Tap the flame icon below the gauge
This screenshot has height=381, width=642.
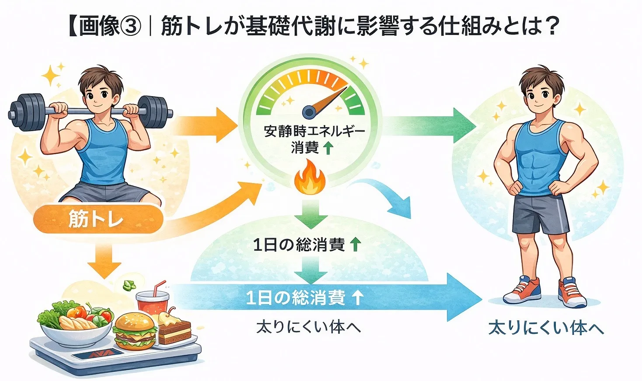pyautogui.click(x=310, y=178)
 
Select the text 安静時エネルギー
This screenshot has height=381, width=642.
pyautogui.click(x=314, y=131)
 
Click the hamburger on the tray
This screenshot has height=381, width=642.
pyautogui.click(x=135, y=331)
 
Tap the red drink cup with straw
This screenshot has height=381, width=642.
pyautogui.click(x=152, y=301)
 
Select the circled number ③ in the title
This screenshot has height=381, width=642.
pyautogui.click(x=130, y=26)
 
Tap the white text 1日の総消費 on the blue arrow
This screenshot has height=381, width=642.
pyautogui.click(x=296, y=298)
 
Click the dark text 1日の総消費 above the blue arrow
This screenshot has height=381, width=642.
pyautogui.click(x=299, y=245)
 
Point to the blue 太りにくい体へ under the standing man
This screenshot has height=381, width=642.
pyautogui.click(x=546, y=328)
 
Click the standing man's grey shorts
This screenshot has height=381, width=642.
pyautogui.click(x=541, y=214)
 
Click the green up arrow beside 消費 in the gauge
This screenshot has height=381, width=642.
pyautogui.click(x=328, y=149)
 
